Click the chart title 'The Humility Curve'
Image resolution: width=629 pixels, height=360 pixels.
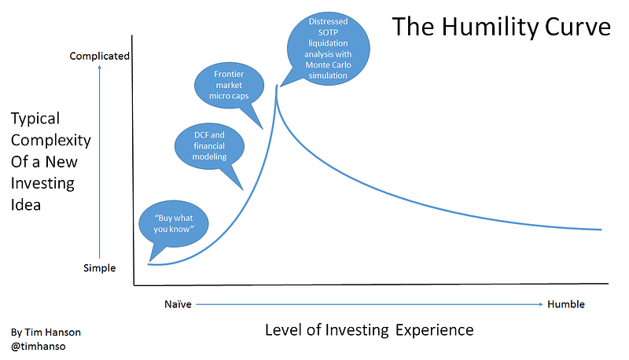coord(501,28)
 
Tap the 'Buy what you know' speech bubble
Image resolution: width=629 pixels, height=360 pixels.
coord(174,224)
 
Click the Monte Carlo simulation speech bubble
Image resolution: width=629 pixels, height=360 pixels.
coord(328,49)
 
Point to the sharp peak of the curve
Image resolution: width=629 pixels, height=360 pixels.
coord(277,86)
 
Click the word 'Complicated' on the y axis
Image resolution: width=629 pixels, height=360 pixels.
coord(100,56)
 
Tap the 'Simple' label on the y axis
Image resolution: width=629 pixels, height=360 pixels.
coord(100,268)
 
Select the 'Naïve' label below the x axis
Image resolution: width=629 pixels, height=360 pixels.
coord(178,304)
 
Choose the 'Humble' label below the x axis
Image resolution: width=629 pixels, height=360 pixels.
coord(566,304)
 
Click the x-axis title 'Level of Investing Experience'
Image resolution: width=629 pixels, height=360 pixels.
coord(369,330)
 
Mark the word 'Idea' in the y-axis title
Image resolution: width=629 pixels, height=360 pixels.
coord(26,205)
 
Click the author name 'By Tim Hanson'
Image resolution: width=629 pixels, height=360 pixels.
coord(46,332)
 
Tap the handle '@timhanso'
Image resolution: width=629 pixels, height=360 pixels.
coord(38,346)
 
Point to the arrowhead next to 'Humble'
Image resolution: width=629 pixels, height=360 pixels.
coord(541,304)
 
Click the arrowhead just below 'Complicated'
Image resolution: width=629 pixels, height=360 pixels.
coord(100,67)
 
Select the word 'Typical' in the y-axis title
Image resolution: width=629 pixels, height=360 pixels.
coord(35,119)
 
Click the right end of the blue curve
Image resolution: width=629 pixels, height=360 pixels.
coord(601,230)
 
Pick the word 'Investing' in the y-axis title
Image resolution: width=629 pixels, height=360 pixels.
coord(42,184)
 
